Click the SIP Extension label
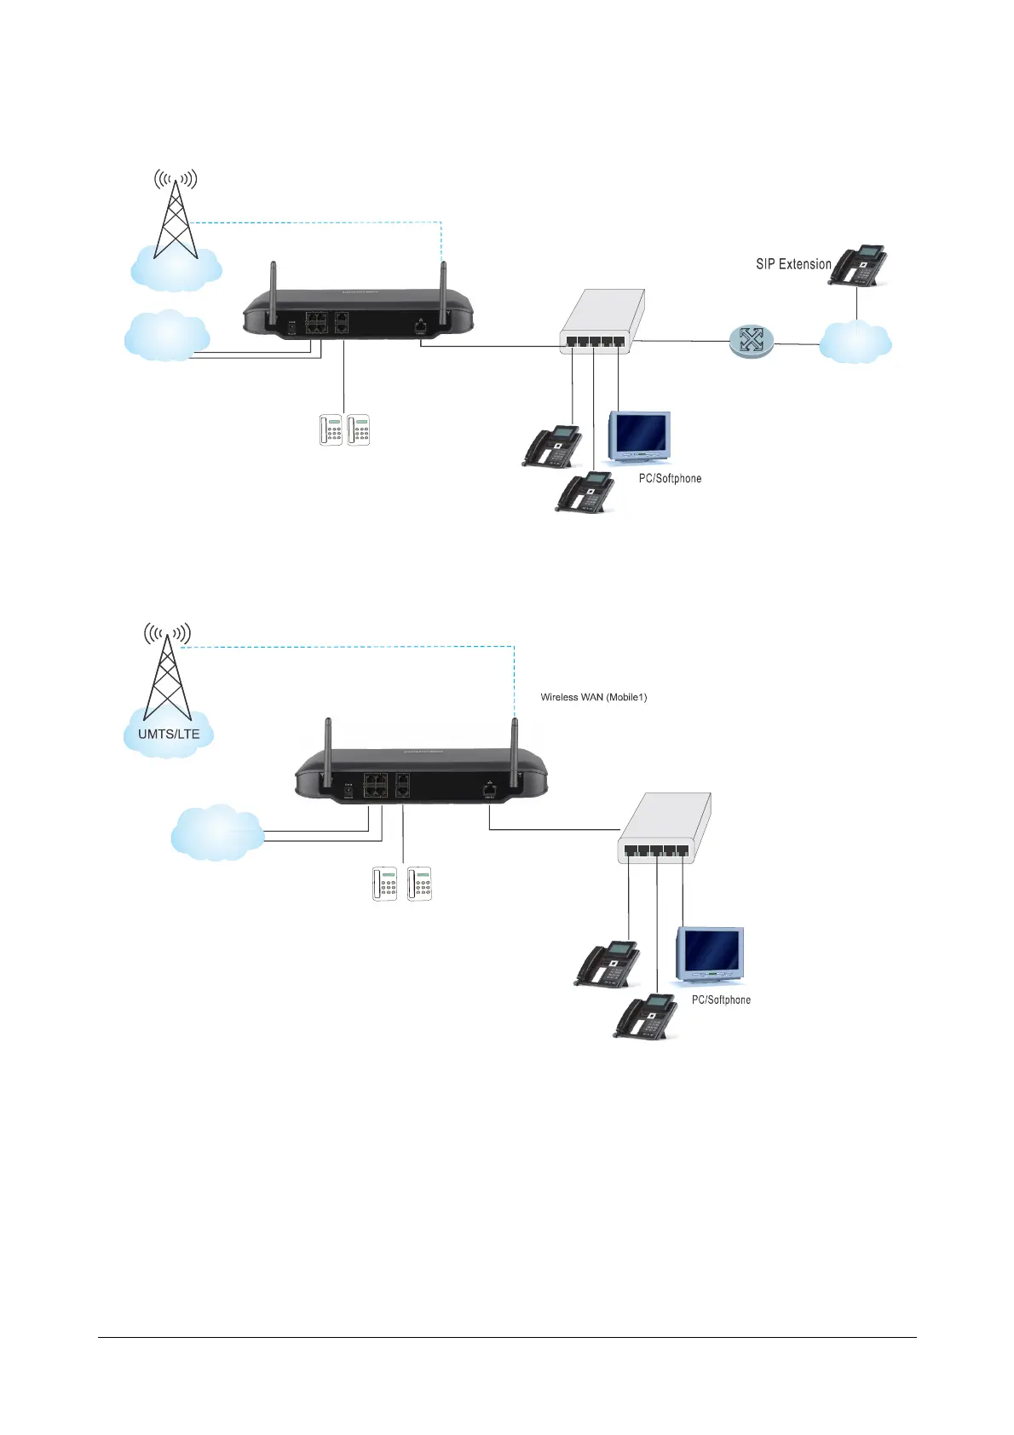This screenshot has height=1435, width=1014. [x=792, y=264]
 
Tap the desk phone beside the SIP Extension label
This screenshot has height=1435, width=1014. [x=859, y=265]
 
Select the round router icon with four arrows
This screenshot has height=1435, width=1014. [x=751, y=341]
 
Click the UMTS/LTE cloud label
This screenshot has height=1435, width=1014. [x=169, y=734]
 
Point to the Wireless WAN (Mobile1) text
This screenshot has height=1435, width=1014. [x=593, y=697]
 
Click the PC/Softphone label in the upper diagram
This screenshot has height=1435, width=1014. [x=670, y=479]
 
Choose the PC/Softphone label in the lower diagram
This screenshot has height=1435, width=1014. [x=721, y=1000]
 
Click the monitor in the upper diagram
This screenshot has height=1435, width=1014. [x=639, y=436]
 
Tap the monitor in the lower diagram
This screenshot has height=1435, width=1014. [x=711, y=954]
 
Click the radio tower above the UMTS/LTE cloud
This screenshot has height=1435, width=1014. [x=167, y=673]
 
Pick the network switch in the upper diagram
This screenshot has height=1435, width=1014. [x=602, y=322]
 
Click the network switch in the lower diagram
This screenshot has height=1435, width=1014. [x=663, y=828]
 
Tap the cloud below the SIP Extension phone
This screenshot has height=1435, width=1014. [x=855, y=343]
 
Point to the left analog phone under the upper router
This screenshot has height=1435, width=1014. [x=330, y=429]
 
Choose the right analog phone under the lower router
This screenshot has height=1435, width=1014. [x=419, y=884]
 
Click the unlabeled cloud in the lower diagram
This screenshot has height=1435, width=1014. [x=217, y=832]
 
